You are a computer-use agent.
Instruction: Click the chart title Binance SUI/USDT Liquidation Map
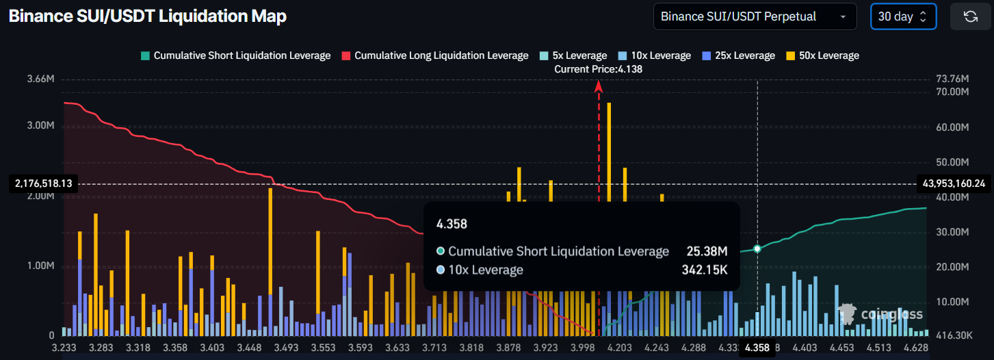pyautogui.click(x=147, y=16)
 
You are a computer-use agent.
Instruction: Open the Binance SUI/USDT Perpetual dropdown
pyautogui.click(x=755, y=16)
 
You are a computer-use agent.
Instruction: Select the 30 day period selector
pyautogui.click(x=902, y=16)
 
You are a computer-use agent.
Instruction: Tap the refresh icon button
pyautogui.click(x=970, y=16)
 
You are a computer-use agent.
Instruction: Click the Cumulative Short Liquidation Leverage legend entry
pyautogui.click(x=235, y=55)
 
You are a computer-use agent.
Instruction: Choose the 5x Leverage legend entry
pyautogui.click(x=573, y=55)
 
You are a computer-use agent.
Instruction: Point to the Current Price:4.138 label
pyautogui.click(x=599, y=69)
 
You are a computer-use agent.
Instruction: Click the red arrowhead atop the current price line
pyautogui.click(x=599, y=86)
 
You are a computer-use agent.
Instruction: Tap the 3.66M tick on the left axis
pyautogui.click(x=40, y=79)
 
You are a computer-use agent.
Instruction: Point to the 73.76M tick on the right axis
pyautogui.click(x=952, y=79)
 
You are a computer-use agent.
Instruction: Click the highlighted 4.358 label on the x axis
pyautogui.click(x=757, y=348)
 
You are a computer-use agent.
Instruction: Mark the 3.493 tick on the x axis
pyautogui.click(x=285, y=348)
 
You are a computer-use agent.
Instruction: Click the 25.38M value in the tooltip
pyautogui.click(x=707, y=251)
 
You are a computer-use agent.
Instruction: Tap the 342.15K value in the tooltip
pyautogui.click(x=704, y=270)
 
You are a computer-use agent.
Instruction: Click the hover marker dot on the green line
pyautogui.click(x=757, y=248)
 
